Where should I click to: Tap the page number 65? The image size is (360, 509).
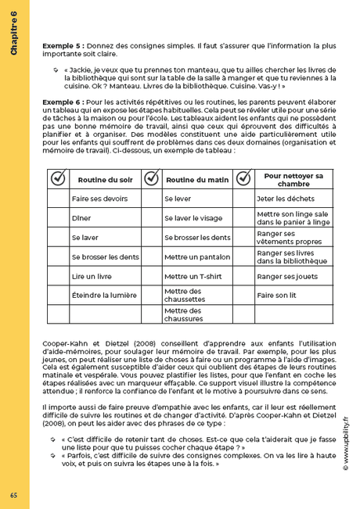[14, 495]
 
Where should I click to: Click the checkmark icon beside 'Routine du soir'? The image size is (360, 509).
[58, 179]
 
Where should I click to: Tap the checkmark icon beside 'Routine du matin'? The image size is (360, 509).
[151, 179]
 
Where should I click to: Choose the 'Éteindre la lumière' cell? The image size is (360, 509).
[103, 295]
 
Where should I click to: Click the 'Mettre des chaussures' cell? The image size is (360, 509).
[188, 314]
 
